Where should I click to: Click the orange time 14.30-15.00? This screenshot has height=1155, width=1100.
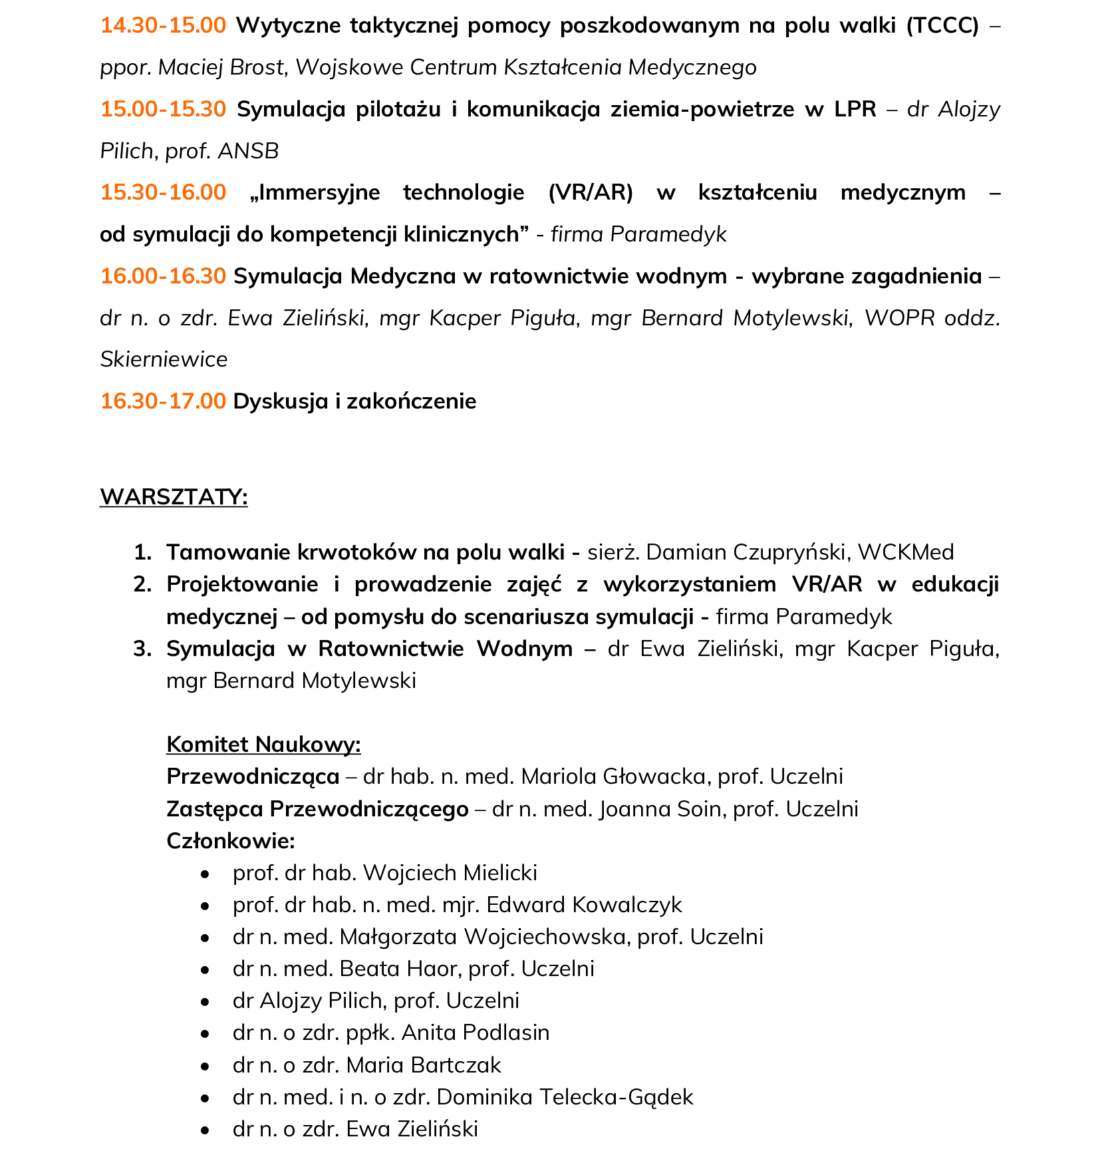163,25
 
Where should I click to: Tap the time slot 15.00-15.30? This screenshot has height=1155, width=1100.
163,109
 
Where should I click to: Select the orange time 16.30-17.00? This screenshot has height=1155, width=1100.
163,401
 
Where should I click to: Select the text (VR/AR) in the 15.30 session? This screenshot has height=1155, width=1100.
591,192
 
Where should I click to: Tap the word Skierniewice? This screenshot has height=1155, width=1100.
164,359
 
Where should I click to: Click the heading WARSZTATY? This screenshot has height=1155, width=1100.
174,497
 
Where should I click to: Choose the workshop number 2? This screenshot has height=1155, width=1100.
142,584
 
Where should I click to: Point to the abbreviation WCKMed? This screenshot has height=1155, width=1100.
906,552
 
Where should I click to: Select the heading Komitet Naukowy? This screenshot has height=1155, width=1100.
263,744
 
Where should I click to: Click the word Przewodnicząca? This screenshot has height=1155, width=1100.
253,776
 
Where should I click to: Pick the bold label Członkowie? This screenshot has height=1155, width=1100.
230,841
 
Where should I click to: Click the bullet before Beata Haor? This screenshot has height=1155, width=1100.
206,969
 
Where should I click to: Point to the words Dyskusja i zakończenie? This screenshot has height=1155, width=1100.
354,401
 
